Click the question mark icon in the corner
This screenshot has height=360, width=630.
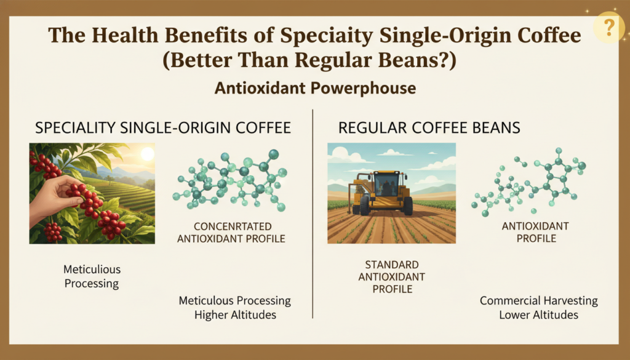[608, 27]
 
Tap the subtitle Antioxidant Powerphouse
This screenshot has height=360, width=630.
[315, 89]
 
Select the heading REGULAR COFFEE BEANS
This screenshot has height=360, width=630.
[429, 128]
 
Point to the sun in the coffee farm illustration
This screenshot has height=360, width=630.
[147, 154]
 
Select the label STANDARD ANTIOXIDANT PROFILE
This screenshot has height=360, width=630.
[392, 277]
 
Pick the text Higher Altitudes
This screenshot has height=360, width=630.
[235, 314]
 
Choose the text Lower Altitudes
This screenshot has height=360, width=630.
[538, 314]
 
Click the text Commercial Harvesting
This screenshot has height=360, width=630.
[539, 300]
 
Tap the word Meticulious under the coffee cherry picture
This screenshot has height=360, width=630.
[92, 269]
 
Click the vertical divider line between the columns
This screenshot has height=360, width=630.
[313, 214]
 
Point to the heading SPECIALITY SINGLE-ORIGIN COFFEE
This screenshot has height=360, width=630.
[162, 128]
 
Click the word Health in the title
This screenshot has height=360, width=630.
[128, 35]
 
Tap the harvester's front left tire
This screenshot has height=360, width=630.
[364, 205]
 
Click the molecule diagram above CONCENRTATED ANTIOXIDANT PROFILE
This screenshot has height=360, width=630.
[231, 180]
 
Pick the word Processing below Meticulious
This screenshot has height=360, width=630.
[92, 284]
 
